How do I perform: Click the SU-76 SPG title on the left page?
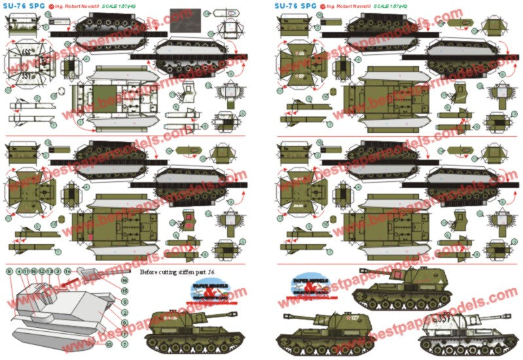(25, 5)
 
